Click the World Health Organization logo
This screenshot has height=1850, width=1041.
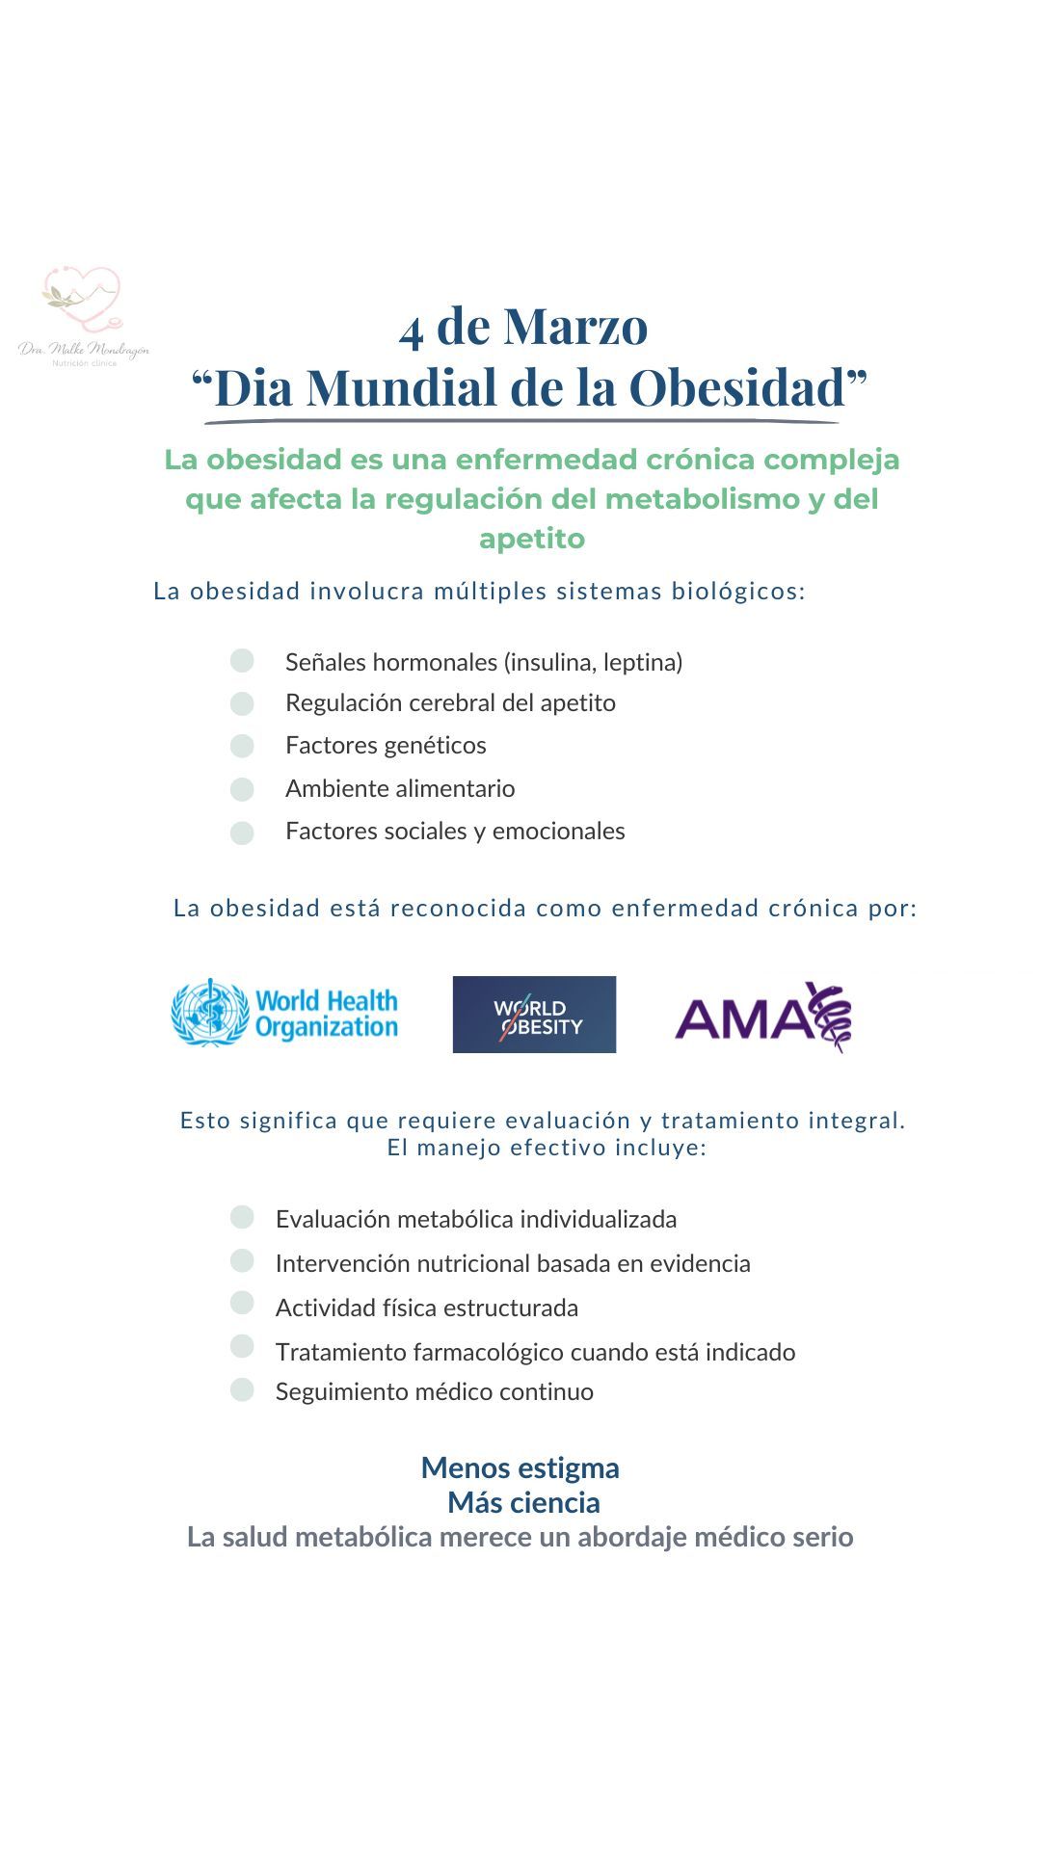pyautogui.click(x=284, y=1014)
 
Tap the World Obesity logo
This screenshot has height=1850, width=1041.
pyautogui.click(x=534, y=1015)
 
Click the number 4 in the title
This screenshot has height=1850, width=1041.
pyautogui.click(x=412, y=330)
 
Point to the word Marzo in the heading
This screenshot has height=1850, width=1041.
pyautogui.click(x=574, y=326)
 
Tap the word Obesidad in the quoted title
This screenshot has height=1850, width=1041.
pyautogui.click(x=736, y=387)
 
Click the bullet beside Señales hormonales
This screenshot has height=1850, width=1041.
pyautogui.click(x=242, y=661)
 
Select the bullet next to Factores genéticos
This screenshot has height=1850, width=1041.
pyautogui.click(x=242, y=746)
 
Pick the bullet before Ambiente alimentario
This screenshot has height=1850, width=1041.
pyautogui.click(x=242, y=789)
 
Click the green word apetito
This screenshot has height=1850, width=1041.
pyautogui.click(x=532, y=539)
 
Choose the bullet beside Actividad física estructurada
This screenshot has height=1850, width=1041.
pyautogui.click(x=242, y=1304)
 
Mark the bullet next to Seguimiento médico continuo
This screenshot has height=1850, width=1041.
pyautogui.click(x=242, y=1389)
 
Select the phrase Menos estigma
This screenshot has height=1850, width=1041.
pyautogui.click(x=520, y=1467)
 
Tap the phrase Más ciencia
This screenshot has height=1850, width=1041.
pyautogui.click(x=523, y=1502)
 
